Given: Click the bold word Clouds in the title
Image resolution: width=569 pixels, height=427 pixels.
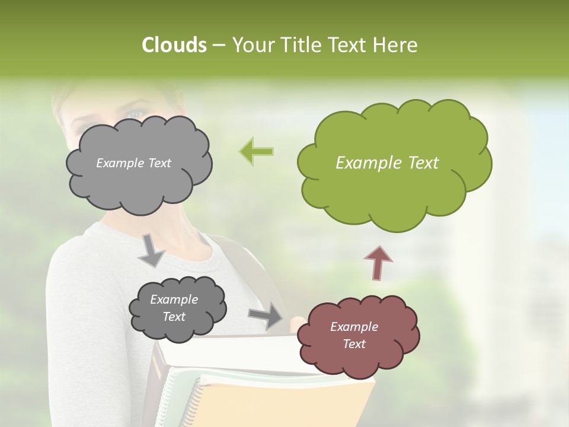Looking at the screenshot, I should point(174,45).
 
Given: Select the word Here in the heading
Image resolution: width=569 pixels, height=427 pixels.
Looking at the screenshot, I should point(395,45).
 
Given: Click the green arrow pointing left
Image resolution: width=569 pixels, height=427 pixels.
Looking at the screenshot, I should point(256,151).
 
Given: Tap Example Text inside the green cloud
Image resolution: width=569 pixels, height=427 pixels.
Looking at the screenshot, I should point(387,163).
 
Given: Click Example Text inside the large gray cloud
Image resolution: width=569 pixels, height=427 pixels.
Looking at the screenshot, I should point(133,163).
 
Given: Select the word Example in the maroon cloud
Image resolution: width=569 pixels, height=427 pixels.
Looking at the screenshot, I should point(354,327).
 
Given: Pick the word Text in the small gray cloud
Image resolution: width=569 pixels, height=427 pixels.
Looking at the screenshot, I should point(174,317).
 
